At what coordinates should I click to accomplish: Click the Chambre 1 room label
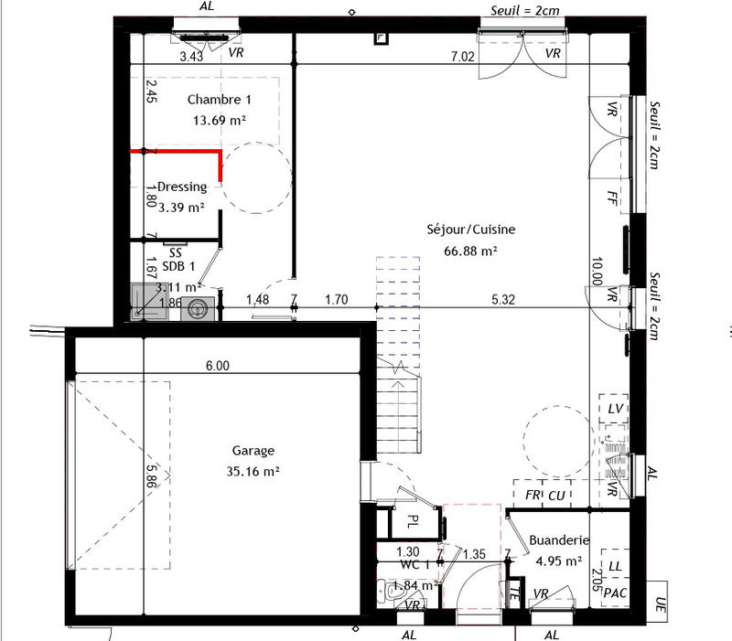219,100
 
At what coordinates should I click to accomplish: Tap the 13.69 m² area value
219,120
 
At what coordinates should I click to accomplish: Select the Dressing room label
182,187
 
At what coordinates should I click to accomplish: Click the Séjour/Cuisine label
470,230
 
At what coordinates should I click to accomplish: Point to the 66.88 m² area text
470,250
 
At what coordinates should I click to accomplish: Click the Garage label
253,451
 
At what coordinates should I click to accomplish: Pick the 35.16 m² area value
253,472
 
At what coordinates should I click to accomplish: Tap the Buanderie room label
559,540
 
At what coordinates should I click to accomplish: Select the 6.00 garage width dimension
217,365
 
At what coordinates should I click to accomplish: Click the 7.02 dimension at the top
463,56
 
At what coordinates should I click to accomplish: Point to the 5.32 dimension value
503,298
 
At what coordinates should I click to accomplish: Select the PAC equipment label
616,593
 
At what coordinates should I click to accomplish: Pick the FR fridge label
533,495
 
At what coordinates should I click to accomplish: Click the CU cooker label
557,495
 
